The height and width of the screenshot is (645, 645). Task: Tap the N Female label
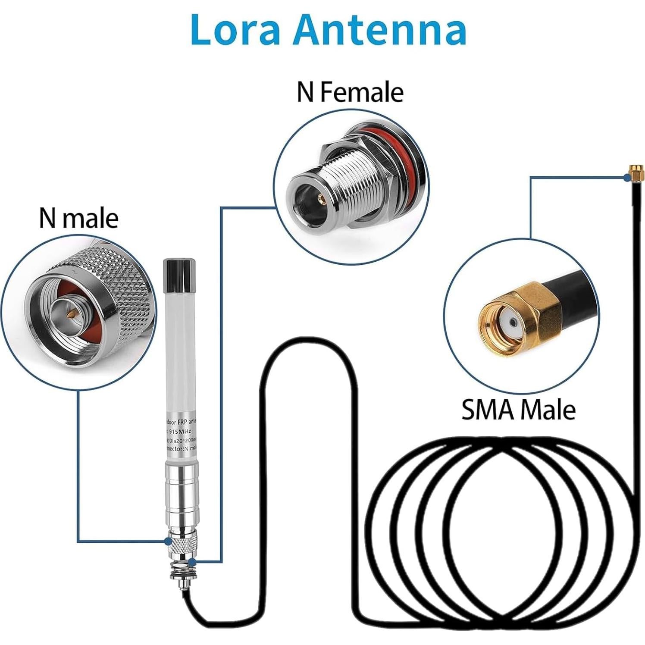coord(350,92)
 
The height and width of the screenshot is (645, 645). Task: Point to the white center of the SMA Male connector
coord(511,321)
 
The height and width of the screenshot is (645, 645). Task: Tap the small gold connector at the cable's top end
coord(635,172)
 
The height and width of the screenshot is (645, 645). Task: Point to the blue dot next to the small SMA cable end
coord(626,177)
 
